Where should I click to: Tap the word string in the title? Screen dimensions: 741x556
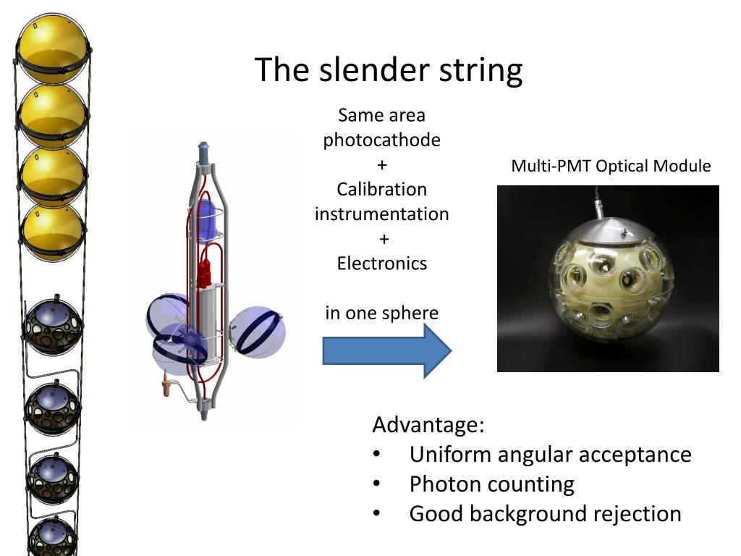coord(480,70)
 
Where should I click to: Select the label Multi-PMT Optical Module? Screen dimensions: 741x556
coord(611,166)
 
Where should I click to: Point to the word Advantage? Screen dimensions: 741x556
coord(428,424)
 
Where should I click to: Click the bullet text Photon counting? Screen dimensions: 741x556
coord(491,484)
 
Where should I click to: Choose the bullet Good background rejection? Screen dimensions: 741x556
coord(545,513)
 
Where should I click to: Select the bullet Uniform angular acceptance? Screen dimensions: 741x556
coord(550,454)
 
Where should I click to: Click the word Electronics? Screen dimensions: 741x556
coord(382,263)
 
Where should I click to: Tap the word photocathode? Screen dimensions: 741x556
coord(382,140)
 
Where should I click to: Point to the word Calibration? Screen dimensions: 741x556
coord(382,189)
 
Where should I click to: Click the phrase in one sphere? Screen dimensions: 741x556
coord(382,313)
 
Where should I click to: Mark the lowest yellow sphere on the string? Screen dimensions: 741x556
coord(52,232)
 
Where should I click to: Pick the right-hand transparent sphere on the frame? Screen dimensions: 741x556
coord(258,332)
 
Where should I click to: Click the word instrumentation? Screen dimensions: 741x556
coord(382,214)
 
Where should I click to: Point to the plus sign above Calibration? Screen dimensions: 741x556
coord(382,165)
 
